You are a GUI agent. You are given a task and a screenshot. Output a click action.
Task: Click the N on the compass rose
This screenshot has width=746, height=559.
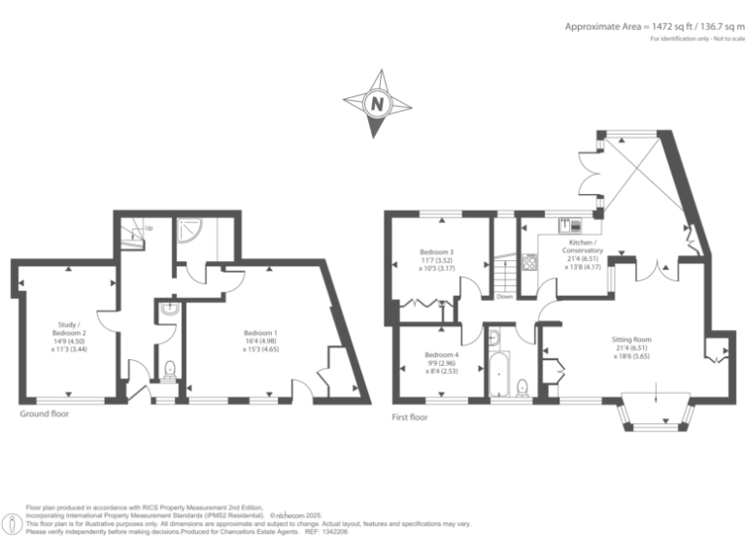coord(376,102)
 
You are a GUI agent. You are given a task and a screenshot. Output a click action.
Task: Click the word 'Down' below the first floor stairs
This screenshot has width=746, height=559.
coord(504,297)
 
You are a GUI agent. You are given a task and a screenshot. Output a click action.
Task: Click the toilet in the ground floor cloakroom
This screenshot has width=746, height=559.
coord(169,370)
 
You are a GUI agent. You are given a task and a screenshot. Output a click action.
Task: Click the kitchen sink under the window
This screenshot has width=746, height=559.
coord(563,226)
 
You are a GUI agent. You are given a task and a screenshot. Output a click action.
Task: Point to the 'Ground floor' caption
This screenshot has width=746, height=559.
coord(45,414)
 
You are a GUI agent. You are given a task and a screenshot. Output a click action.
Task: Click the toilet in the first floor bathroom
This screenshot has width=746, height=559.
coord(524,386)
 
